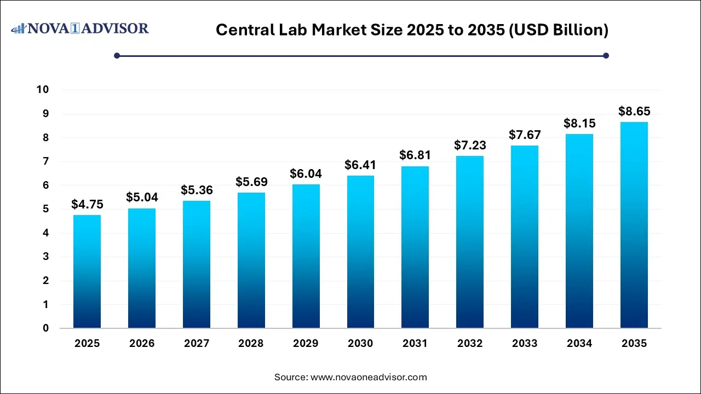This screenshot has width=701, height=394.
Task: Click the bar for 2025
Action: point(87,271)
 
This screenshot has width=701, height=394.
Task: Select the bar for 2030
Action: point(360,252)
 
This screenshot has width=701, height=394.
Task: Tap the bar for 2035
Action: point(634,225)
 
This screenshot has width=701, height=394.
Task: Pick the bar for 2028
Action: point(251,260)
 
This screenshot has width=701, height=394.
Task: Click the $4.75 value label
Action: point(87,205)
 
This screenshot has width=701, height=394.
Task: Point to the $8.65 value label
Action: point(634,112)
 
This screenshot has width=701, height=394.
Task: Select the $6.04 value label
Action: point(306,174)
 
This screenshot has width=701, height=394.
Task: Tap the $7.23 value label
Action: point(470,146)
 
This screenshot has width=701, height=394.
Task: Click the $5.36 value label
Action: point(196,190)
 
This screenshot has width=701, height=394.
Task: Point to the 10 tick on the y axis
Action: point(43,90)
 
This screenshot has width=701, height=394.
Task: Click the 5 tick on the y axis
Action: point(46,209)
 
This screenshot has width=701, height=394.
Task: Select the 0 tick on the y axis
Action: point(46,328)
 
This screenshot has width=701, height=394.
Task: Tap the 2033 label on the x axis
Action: point(525,344)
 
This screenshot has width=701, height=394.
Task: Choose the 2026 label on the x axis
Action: point(142,344)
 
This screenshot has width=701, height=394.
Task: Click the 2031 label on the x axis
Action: point(415,344)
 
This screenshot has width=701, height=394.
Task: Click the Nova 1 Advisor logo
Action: point(80,28)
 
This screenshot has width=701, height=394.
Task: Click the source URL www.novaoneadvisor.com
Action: point(369,377)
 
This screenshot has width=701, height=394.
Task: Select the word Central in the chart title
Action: point(242,30)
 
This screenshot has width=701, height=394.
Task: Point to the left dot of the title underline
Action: point(117,55)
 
